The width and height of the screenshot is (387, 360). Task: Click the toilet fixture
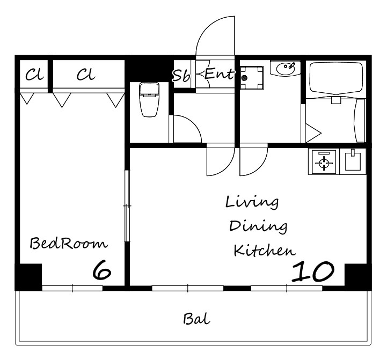pyautogui.click(x=149, y=100)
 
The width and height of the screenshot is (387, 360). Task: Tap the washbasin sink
pyautogui.click(x=285, y=68)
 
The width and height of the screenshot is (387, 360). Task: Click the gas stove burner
pyautogui.click(x=324, y=161)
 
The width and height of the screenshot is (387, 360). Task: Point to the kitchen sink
pyautogui.click(x=353, y=161)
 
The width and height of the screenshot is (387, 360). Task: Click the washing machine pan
pyautogui.click(x=252, y=78)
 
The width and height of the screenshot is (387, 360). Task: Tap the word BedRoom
pyautogui.click(x=69, y=243)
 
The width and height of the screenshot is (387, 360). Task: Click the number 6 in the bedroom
pyautogui.click(x=101, y=270)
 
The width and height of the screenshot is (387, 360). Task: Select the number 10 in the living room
pyautogui.click(x=313, y=271)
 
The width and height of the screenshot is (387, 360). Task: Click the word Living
pyautogui.click(x=252, y=203)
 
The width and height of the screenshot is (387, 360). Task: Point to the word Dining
pyautogui.click(x=258, y=226)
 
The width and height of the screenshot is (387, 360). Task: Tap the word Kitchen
pyautogui.click(x=264, y=250)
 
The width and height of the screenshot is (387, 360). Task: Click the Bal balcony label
pyautogui.click(x=196, y=319)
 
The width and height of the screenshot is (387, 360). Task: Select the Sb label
pyautogui.click(x=181, y=75)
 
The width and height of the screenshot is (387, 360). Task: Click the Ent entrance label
pyautogui.click(x=219, y=74)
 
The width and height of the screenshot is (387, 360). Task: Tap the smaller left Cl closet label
pyautogui.click(x=34, y=74)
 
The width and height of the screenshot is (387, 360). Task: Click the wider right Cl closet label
pyautogui.click(x=86, y=74)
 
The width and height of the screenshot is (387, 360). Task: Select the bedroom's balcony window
pyautogui.click(x=72, y=288)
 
